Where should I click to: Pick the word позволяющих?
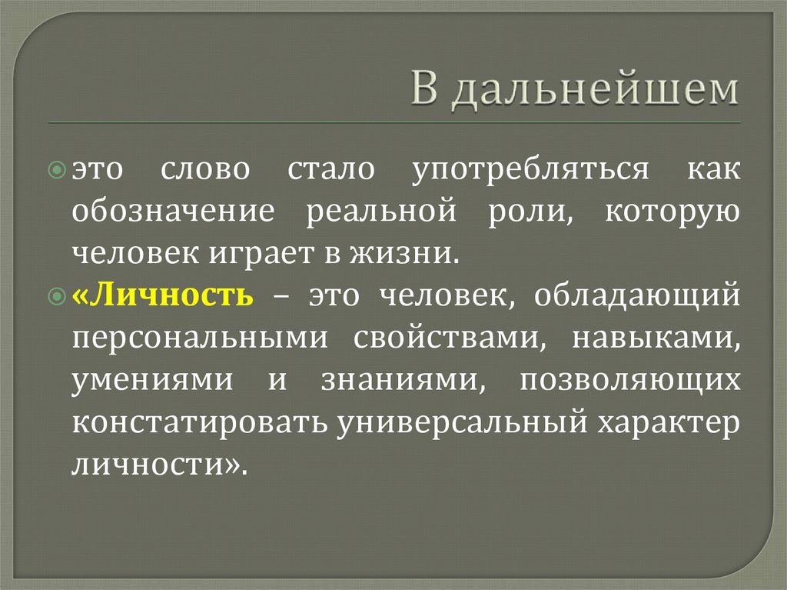pos(630,380)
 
